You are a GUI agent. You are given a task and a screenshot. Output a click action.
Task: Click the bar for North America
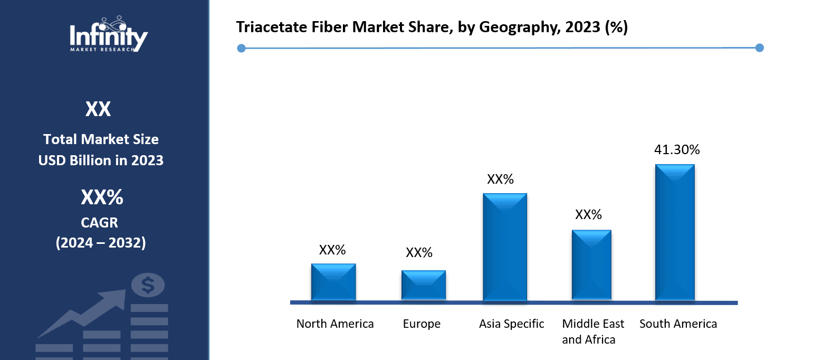[333, 282]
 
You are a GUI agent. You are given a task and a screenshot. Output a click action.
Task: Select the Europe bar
[423, 286]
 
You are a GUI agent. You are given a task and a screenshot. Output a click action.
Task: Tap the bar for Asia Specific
[505, 248]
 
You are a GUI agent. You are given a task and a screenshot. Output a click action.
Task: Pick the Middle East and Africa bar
[591, 266]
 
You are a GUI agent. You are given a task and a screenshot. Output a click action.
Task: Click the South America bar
[675, 233]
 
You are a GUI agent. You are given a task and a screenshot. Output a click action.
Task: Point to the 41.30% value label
[677, 150]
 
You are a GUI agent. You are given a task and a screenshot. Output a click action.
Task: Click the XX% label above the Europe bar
[419, 253]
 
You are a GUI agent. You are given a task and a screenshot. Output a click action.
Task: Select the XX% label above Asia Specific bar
[500, 179]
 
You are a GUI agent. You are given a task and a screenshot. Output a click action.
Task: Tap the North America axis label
[335, 324]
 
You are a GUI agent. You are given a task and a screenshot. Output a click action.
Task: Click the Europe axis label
[422, 324]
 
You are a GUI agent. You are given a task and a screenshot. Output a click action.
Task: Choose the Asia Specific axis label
[511, 324]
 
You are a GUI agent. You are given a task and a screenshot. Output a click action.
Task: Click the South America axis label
[678, 324]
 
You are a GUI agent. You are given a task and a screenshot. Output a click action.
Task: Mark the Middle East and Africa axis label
[592, 331]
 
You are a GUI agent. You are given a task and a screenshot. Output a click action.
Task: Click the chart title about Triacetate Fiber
[432, 27]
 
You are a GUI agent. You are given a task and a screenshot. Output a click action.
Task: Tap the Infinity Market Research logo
[109, 34]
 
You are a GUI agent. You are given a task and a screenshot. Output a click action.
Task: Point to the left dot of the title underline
[241, 49]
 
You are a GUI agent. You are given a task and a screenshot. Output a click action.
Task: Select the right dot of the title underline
[760, 48]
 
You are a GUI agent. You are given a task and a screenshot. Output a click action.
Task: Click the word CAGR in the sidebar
[101, 222]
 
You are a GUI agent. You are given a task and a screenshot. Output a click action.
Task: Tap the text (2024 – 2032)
[101, 242]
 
